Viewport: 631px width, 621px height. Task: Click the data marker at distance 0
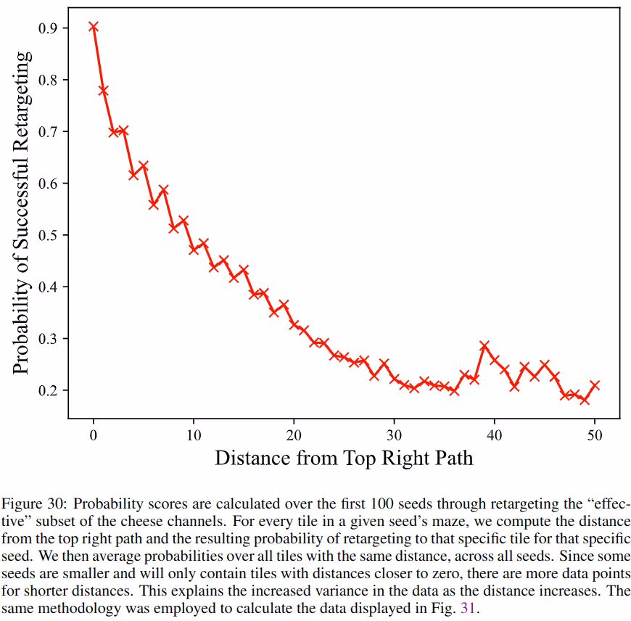coord(94,27)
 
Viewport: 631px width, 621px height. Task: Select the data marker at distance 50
coord(595,385)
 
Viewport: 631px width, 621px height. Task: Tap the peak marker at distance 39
coord(484,346)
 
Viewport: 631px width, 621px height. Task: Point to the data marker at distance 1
coord(104,91)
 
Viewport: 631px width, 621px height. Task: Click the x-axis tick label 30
coord(395,435)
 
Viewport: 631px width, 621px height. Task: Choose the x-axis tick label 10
coord(194,435)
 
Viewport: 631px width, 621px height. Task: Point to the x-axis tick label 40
coord(495,435)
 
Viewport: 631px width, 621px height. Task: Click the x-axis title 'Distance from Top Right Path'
coord(344,458)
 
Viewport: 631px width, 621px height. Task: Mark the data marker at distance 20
coord(294,324)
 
